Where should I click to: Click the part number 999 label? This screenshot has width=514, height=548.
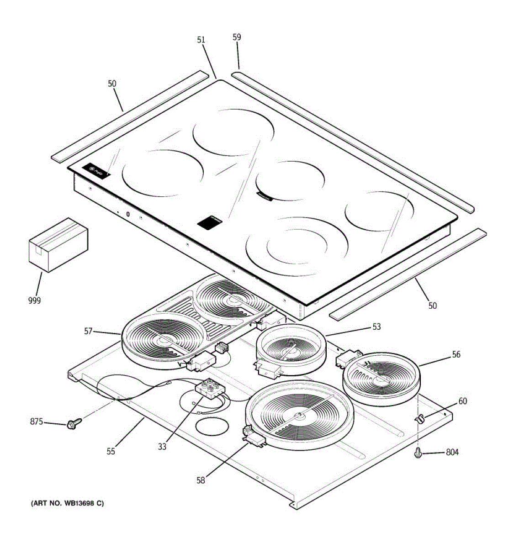click(34, 300)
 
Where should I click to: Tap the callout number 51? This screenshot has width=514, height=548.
click(201, 40)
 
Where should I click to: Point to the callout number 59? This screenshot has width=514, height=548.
click(237, 37)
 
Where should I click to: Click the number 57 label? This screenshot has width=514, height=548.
click(89, 331)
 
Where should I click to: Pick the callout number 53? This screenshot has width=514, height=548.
click(376, 327)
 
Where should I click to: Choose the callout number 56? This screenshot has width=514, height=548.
click(456, 354)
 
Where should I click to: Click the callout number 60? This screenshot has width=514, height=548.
click(462, 401)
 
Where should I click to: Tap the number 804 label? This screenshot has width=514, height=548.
click(452, 453)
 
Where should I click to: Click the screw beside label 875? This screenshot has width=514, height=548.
click(73, 424)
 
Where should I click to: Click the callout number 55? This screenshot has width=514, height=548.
click(111, 452)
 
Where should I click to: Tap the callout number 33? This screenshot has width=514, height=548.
click(162, 447)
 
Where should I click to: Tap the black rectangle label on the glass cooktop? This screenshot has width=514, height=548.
click(210, 222)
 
